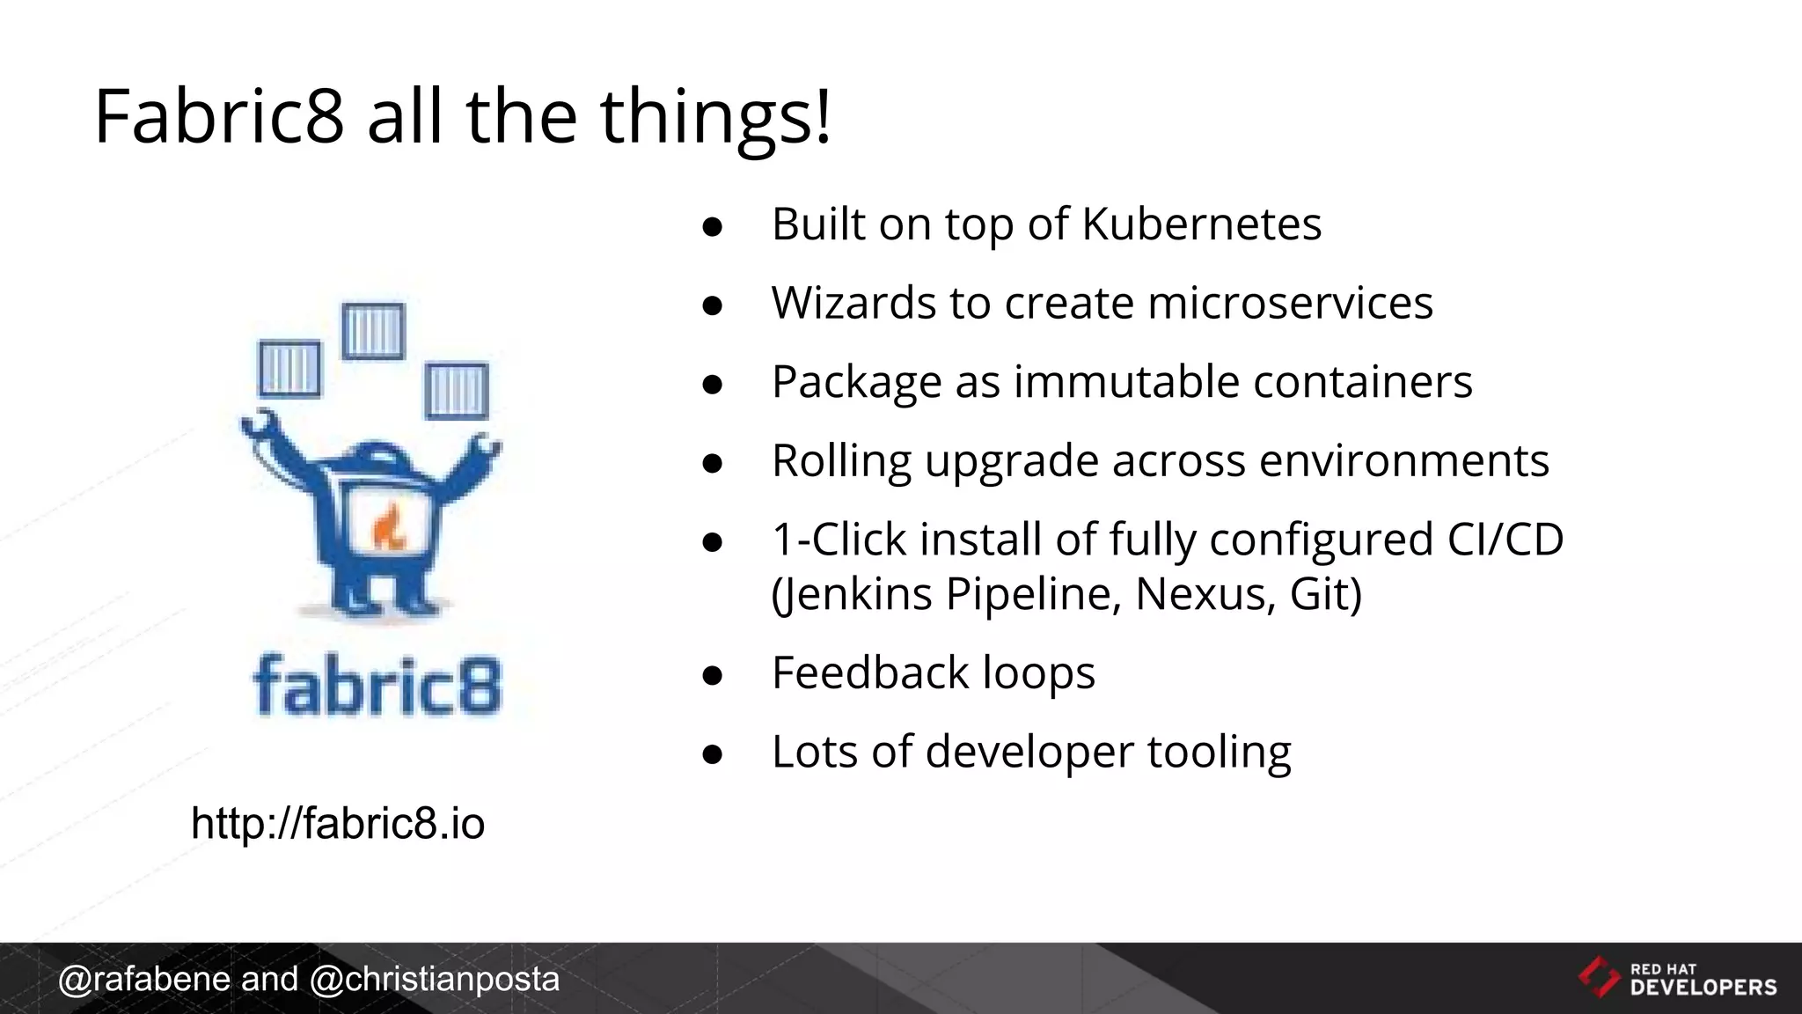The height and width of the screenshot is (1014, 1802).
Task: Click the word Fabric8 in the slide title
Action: pyautogui.click(x=219, y=116)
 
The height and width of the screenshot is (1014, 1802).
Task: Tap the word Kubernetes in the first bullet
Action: pyautogui.click(x=1201, y=224)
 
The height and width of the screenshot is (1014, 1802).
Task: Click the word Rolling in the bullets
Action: pyautogui.click(x=841, y=460)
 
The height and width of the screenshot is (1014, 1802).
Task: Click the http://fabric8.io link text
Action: pyautogui.click(x=338, y=824)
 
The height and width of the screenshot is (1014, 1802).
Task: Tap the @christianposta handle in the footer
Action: pyautogui.click(x=435, y=979)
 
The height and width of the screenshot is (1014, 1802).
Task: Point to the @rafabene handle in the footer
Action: pyautogui.click(x=144, y=979)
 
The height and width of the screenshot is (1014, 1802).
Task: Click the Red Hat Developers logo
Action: pyautogui.click(x=1677, y=979)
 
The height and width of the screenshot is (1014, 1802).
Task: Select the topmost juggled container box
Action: pyautogui.click(x=372, y=331)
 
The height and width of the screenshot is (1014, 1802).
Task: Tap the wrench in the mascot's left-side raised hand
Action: pyautogui.click(x=260, y=428)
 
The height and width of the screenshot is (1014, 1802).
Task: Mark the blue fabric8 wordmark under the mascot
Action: pyautogui.click(x=377, y=685)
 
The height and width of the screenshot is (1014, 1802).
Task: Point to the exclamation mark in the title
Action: pyautogui.click(x=822, y=116)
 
